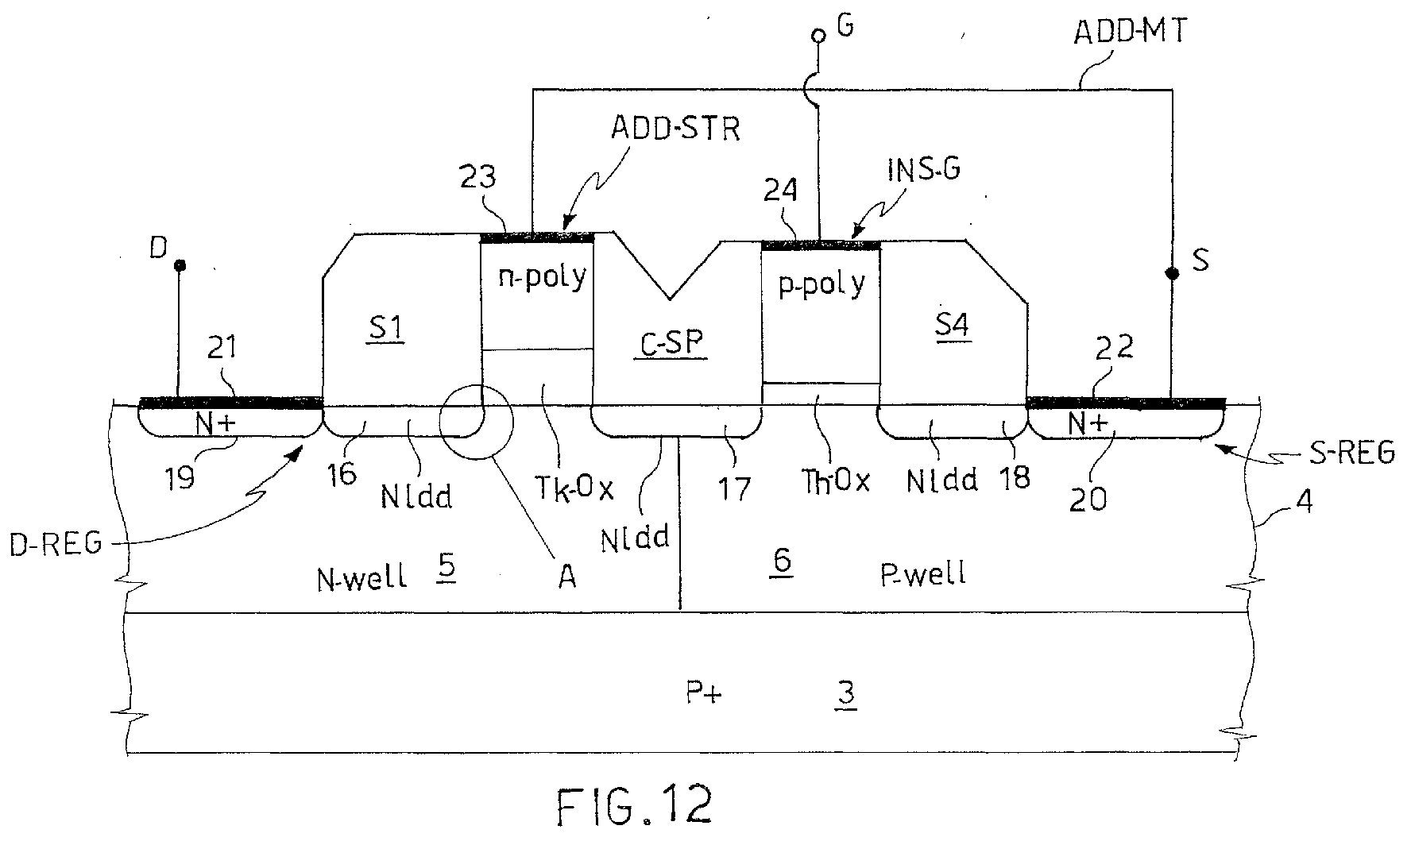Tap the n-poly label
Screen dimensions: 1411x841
(543, 276)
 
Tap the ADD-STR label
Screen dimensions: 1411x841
(675, 127)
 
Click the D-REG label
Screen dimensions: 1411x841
(56, 544)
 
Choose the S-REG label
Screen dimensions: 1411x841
(1350, 453)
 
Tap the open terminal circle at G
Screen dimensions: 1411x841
(818, 37)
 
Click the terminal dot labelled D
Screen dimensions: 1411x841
(180, 264)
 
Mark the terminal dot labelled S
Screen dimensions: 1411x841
(1172, 273)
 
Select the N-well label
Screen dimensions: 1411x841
(361, 577)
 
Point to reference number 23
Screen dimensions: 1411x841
(477, 176)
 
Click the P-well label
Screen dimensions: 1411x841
(923, 573)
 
